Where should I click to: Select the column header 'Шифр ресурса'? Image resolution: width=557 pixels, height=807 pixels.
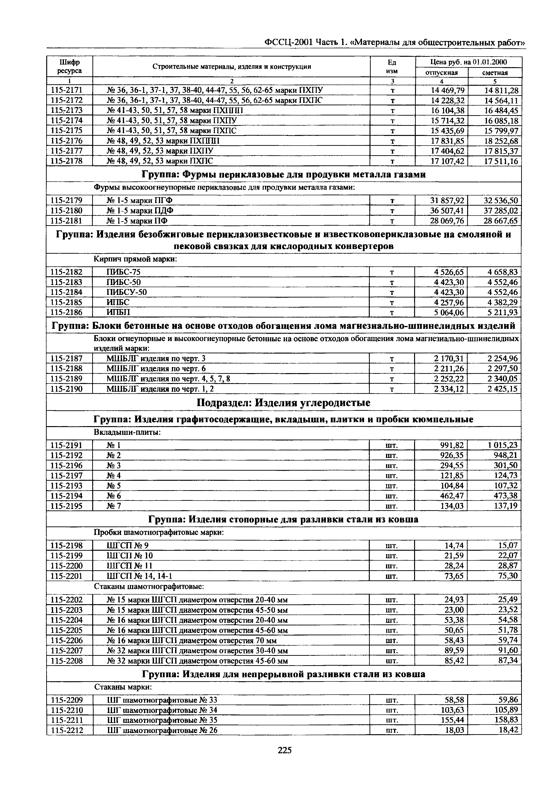pyautogui.click(x=70, y=66)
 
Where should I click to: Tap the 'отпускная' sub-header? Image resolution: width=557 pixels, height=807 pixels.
pyautogui.click(x=441, y=73)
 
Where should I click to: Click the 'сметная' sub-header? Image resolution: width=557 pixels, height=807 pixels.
pyautogui.click(x=495, y=73)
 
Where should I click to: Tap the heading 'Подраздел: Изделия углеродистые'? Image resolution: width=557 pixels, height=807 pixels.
pyautogui.click(x=283, y=403)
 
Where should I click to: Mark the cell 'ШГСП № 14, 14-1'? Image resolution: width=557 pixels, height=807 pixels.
pyautogui.click(x=139, y=576)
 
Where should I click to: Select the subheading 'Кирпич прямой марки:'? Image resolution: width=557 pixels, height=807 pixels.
pyautogui.click(x=135, y=260)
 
